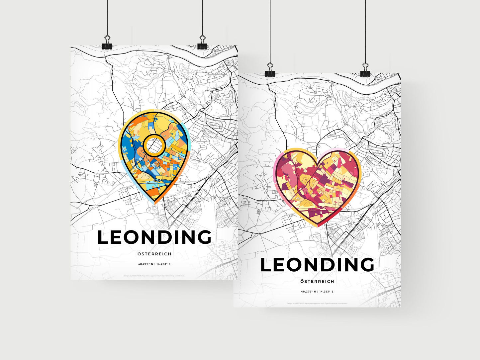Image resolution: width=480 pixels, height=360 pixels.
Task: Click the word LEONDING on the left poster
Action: pos(154,237)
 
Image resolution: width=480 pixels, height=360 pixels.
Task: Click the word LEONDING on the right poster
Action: pos(317,265)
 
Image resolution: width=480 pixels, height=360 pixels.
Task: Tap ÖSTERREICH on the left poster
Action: pos(154,254)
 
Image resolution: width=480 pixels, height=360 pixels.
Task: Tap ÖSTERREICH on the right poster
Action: pos(317,282)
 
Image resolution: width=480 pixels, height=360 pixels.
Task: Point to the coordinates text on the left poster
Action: pos(154,264)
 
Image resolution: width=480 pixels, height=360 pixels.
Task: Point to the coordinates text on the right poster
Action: pos(317,292)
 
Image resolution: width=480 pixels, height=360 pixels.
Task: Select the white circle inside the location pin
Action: pos(154,146)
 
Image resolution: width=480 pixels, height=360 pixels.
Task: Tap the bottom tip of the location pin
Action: pos(154,202)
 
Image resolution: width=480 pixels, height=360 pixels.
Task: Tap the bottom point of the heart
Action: pos(317,226)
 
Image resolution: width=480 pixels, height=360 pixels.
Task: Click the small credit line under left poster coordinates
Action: pos(154,276)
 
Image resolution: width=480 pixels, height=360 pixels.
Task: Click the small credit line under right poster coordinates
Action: pos(317,303)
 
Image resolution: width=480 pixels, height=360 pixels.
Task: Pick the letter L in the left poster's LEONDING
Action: pos(103,237)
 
